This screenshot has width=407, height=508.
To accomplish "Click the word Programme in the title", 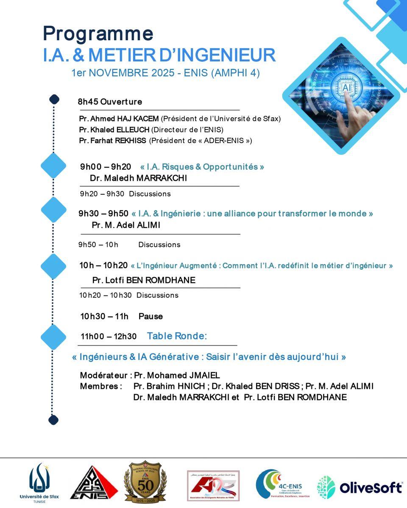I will [x=98, y=34].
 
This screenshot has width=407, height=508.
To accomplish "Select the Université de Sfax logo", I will [x=39, y=483].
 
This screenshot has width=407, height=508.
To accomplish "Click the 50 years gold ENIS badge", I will [x=145, y=482].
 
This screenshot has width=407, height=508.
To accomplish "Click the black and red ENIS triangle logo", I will [x=94, y=483].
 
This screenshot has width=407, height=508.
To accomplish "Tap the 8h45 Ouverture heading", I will [x=109, y=102].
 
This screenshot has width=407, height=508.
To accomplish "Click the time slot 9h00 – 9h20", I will [x=106, y=167].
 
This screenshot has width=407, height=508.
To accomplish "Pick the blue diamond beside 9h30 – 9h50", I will [x=53, y=209].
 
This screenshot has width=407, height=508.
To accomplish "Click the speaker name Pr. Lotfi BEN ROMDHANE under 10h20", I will [x=144, y=280].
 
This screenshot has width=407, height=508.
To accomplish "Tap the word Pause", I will [x=151, y=316].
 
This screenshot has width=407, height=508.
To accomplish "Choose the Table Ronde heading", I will [x=177, y=336].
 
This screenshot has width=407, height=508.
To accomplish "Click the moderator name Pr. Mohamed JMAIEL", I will [x=177, y=375].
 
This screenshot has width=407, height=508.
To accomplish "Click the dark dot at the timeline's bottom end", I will [x=53, y=420].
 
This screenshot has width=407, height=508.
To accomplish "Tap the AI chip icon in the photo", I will [x=346, y=88].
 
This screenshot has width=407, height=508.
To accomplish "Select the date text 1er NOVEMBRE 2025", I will [x=123, y=73].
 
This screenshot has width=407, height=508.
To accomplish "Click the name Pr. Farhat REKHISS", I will [x=113, y=141].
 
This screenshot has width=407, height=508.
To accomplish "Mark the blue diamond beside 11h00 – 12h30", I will [x=53, y=337].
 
